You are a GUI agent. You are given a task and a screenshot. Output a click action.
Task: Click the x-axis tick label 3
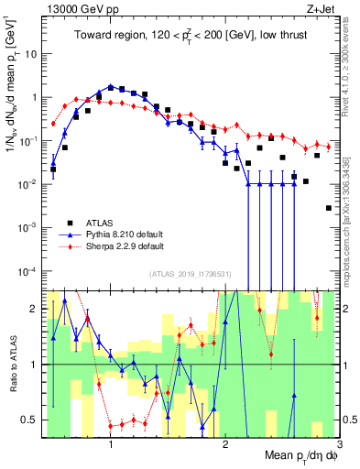[338, 444]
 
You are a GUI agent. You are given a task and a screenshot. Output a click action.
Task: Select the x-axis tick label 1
[111, 444]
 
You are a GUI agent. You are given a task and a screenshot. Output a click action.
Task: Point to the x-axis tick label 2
[225, 444]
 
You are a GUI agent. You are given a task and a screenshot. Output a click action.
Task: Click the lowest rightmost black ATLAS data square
[329, 208]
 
